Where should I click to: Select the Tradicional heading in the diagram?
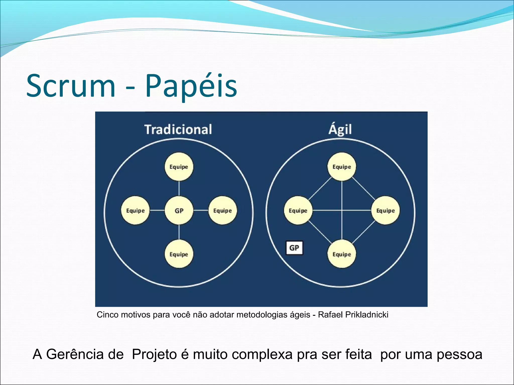click(x=178, y=130)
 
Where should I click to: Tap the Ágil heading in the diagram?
click(x=340, y=130)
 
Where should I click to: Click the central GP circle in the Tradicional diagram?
click(x=179, y=211)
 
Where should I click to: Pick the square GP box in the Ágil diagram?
click(x=294, y=248)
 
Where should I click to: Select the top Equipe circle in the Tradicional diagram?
click(x=179, y=167)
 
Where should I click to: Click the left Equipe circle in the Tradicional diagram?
click(x=135, y=211)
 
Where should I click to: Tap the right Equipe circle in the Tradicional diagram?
click(x=223, y=211)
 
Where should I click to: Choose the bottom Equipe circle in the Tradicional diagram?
click(x=179, y=254)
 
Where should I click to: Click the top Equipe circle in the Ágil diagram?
click(x=342, y=167)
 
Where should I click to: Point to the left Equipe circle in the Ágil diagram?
click(x=298, y=211)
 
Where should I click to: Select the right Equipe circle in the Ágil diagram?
click(x=385, y=211)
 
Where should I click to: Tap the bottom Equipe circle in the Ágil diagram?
click(x=342, y=254)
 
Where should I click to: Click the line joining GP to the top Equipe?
click(x=179, y=189)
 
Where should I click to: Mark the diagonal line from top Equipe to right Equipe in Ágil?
click(x=363, y=188)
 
